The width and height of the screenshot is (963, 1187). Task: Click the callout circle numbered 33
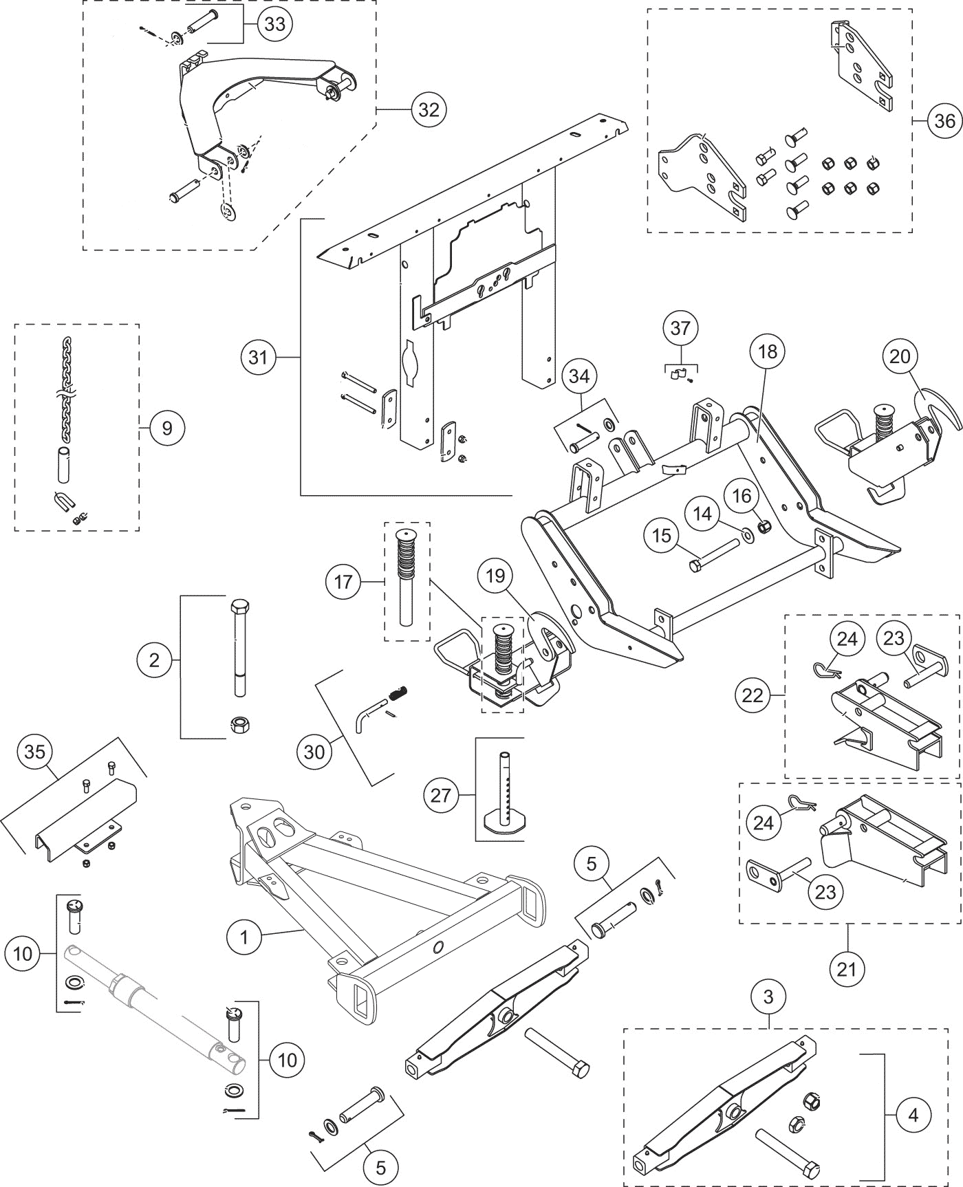[x=274, y=24]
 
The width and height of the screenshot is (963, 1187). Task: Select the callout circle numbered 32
[x=429, y=109]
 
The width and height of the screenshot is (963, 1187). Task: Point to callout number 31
[x=258, y=357]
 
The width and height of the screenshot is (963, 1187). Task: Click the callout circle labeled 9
[x=167, y=428]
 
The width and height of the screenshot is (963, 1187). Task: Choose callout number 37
[x=680, y=328]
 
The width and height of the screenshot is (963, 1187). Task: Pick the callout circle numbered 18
[x=768, y=351]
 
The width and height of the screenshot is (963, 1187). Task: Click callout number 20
[x=900, y=356]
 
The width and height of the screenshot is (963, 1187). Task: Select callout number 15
[x=661, y=535]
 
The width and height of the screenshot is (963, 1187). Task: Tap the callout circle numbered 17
[x=343, y=582]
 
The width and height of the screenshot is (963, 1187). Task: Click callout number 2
[x=154, y=660]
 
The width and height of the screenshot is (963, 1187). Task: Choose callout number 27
[x=440, y=796]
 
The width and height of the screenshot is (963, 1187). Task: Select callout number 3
[x=768, y=996]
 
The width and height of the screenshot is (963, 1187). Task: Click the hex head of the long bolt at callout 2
[x=240, y=609]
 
